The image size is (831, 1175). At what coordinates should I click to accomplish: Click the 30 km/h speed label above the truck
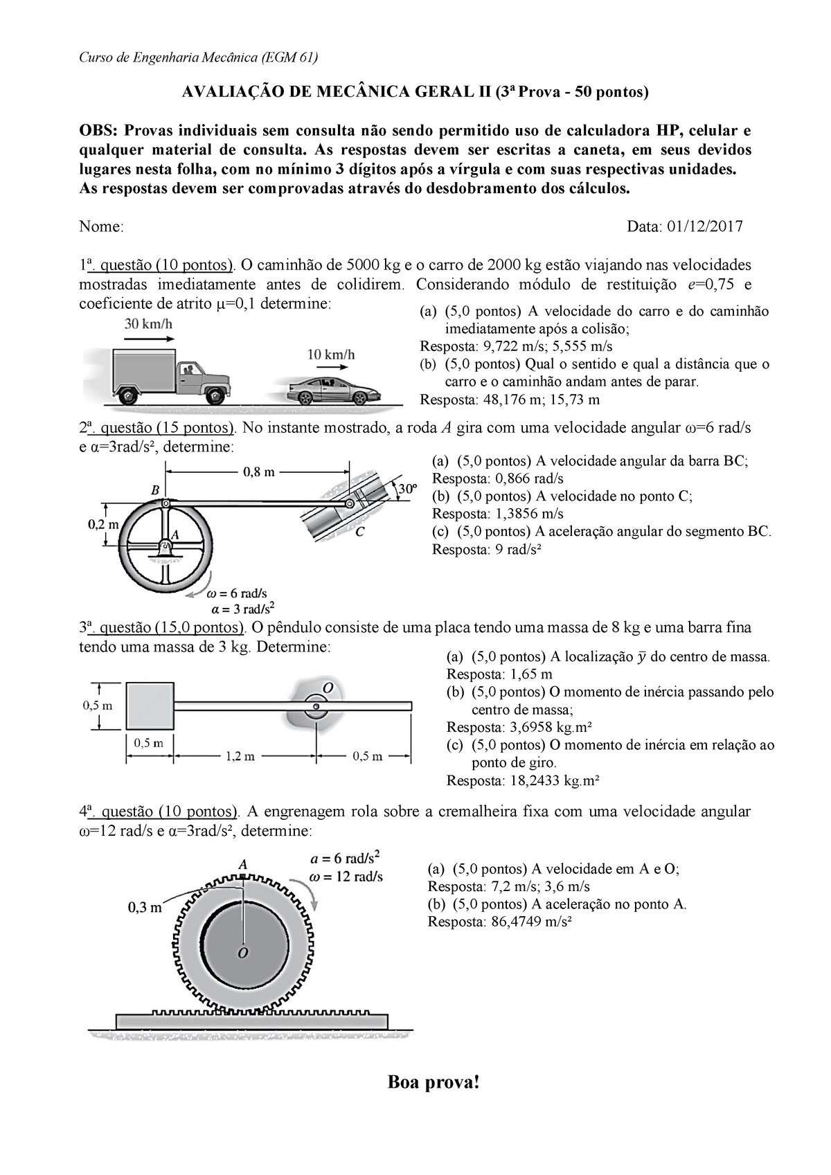click(x=148, y=323)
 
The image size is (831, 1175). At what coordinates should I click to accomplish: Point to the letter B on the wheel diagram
click(x=155, y=490)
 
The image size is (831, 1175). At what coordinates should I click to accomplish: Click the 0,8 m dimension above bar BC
click(x=260, y=472)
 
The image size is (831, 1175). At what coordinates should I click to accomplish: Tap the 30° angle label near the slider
click(x=408, y=488)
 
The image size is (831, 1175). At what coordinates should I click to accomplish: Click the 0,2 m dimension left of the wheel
click(x=102, y=524)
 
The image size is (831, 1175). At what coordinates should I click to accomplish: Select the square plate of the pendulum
click(x=150, y=706)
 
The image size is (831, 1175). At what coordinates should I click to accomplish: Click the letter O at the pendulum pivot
click(x=328, y=687)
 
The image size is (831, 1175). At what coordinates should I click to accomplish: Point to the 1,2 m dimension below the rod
click(x=240, y=757)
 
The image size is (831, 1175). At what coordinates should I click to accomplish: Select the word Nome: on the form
click(x=101, y=226)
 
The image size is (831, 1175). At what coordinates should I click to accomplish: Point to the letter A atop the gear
click(x=242, y=864)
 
